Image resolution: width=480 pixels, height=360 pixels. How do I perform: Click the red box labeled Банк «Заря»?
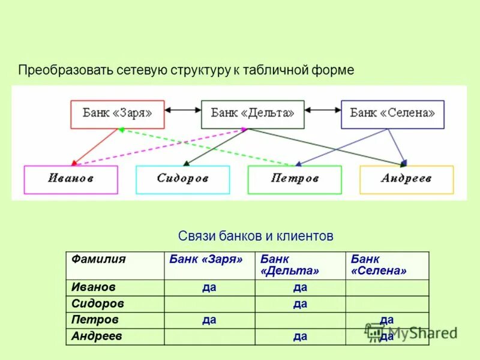(x=117, y=113)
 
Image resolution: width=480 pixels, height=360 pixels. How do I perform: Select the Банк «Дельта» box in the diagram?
(x=253, y=113)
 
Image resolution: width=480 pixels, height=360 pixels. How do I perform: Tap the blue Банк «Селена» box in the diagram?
(x=392, y=113)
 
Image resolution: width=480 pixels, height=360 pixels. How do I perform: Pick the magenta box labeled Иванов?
(x=71, y=179)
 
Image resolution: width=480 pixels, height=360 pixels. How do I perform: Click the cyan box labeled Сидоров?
(x=182, y=179)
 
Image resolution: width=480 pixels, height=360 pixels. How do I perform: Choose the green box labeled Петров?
(x=294, y=179)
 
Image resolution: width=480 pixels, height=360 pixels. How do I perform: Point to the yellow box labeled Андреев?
(x=406, y=179)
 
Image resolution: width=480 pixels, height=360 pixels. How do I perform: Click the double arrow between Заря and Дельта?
(x=182, y=110)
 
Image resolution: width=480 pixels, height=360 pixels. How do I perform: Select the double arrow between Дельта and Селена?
(x=322, y=110)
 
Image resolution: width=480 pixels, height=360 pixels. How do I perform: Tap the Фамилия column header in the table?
(x=98, y=259)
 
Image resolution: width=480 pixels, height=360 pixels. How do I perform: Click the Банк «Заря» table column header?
(x=206, y=259)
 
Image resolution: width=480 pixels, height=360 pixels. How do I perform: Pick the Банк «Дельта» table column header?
(x=290, y=265)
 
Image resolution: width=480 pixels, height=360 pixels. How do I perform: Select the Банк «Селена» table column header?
(x=379, y=265)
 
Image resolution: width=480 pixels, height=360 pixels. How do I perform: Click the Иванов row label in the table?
(x=93, y=288)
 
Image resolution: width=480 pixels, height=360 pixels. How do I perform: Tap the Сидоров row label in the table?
(x=98, y=304)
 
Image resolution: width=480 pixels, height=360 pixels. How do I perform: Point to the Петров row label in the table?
(x=95, y=320)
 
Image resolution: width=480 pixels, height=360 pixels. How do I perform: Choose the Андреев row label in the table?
(x=97, y=337)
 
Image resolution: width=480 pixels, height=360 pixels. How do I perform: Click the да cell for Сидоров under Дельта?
(x=300, y=304)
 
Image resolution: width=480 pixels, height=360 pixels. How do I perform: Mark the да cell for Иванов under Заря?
(x=209, y=288)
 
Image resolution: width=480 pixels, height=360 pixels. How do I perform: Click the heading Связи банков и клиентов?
(x=256, y=236)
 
